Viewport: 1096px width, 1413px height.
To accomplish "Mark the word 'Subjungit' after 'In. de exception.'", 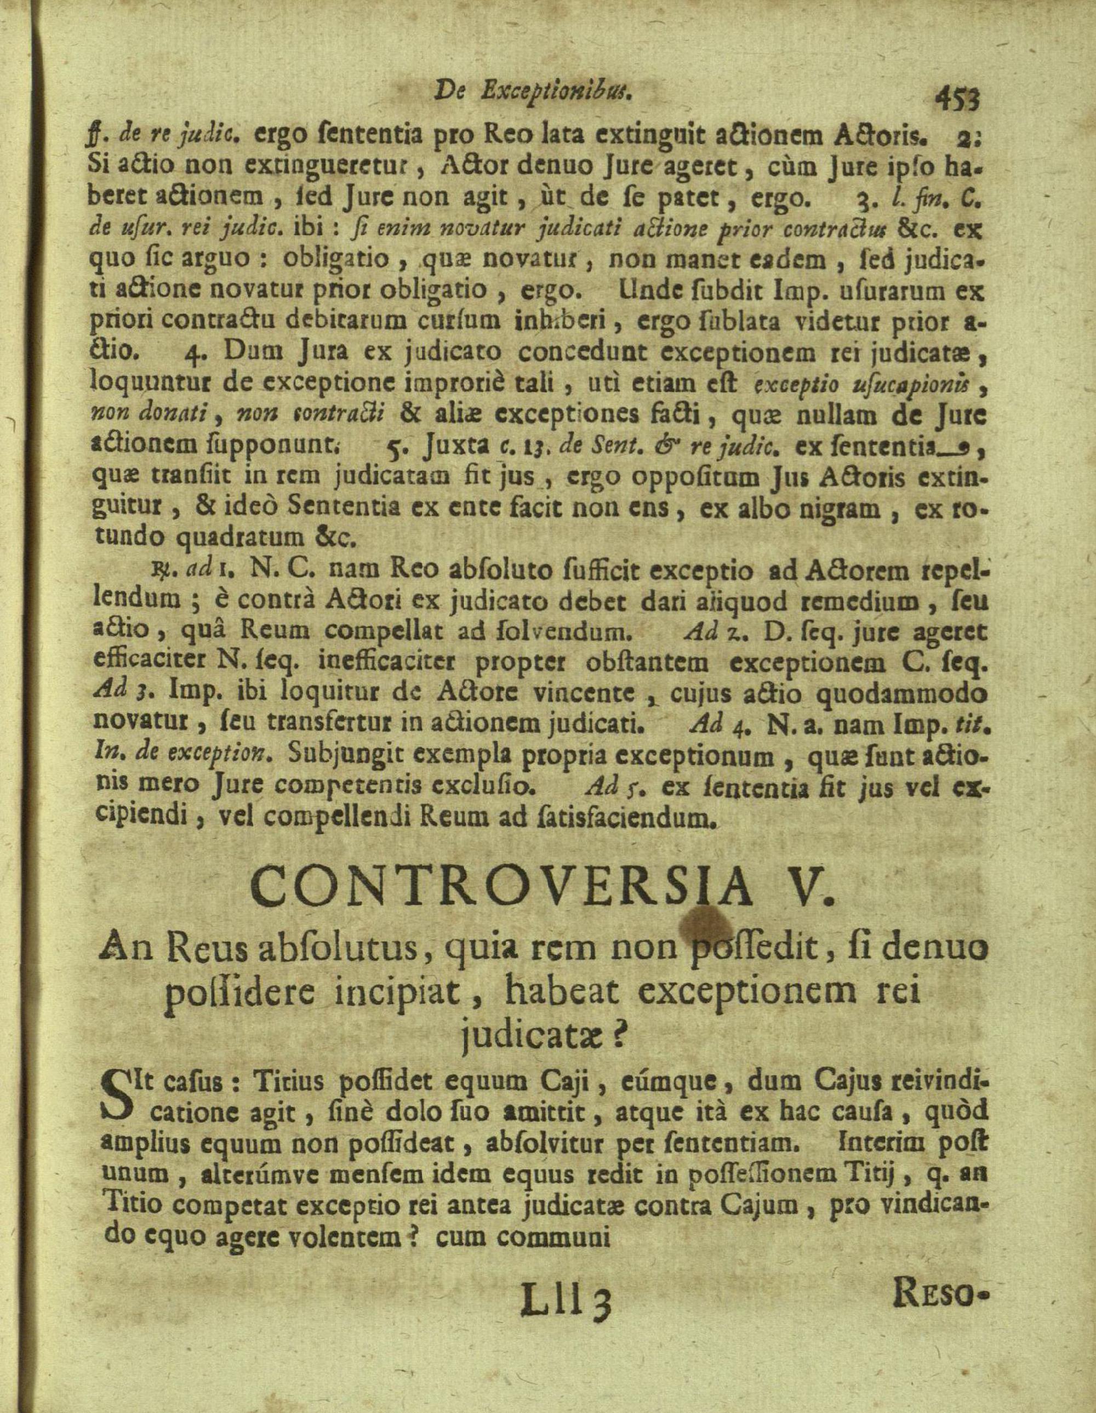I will [x=336, y=756].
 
